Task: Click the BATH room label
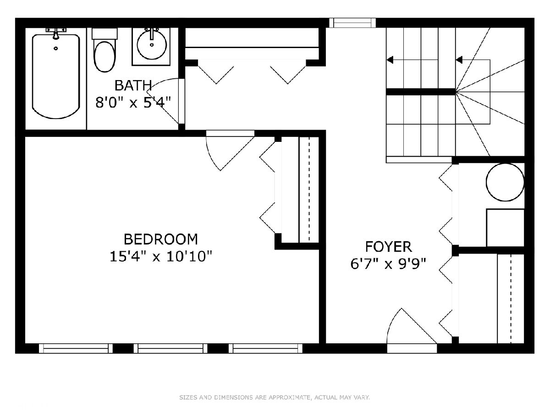tap(133, 86)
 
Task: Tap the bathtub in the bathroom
tap(56, 76)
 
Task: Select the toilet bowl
tap(104, 57)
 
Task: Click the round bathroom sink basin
tap(152, 45)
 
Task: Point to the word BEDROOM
tap(160, 239)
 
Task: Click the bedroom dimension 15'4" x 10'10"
tap(160, 256)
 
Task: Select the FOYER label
tap(388, 247)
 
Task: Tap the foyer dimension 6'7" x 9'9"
tap(388, 264)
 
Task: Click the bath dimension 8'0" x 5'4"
tap(133, 102)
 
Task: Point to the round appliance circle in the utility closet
tap(505, 182)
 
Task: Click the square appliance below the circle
tap(505, 228)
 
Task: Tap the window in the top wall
tap(352, 23)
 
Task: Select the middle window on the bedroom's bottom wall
tap(170, 348)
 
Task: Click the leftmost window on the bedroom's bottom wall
tap(76, 348)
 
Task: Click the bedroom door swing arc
tap(210, 156)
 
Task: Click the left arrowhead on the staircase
tap(390, 60)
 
